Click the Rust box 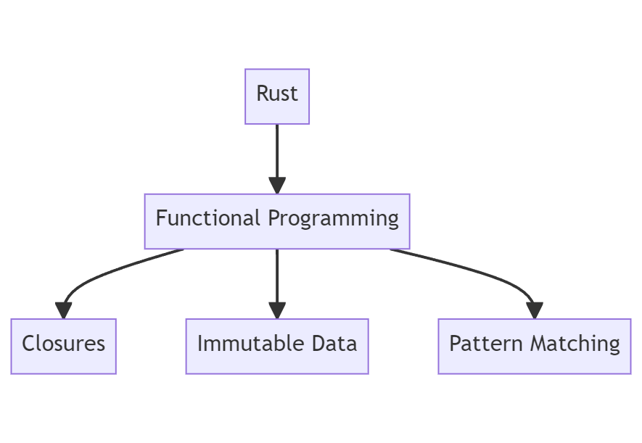[x=277, y=96]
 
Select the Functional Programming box [x=277, y=221]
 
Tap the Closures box [x=64, y=346]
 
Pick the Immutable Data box [x=277, y=346]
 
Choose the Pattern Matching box [x=535, y=346]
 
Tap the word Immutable [x=238, y=343]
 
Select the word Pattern [x=482, y=343]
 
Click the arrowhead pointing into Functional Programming [x=277, y=185]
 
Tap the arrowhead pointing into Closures [x=64, y=310]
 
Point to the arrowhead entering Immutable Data [x=277, y=310]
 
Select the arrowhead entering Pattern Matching [x=535, y=310]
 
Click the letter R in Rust [x=262, y=94]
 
